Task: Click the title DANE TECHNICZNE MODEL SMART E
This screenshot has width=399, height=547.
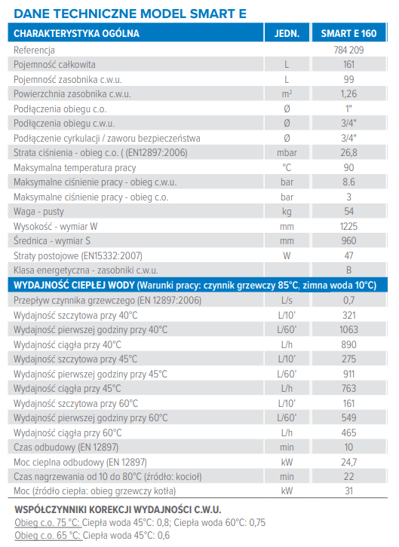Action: click(130, 14)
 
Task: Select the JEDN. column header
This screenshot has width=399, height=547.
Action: click(287, 33)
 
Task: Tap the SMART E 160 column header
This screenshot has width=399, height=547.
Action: click(348, 33)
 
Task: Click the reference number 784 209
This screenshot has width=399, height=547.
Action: click(348, 50)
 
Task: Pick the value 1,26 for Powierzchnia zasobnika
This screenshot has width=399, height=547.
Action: click(348, 94)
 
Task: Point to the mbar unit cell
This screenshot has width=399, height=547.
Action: click(287, 153)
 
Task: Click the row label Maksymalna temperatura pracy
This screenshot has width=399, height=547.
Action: click(75, 168)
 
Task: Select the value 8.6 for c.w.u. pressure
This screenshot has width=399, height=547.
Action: click(348, 182)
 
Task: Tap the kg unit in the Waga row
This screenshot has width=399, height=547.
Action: click(287, 212)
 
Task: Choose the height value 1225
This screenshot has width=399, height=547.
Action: click(348, 226)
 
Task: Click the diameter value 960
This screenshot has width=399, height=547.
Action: click(348, 240)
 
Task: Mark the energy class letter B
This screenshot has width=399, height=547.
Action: click(348, 270)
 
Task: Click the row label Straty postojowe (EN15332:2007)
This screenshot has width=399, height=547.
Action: click(78, 256)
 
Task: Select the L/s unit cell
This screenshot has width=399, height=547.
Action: click(287, 301)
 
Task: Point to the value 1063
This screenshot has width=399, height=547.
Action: click(348, 330)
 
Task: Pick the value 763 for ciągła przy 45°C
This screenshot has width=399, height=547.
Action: click(348, 388)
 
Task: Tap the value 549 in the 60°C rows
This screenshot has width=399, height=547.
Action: click(348, 418)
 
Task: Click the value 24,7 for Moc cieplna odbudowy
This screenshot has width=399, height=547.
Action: click(348, 462)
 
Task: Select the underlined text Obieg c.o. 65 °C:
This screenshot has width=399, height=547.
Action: click(48, 536)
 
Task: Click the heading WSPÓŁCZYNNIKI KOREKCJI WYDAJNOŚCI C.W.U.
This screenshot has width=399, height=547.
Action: click(118, 509)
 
